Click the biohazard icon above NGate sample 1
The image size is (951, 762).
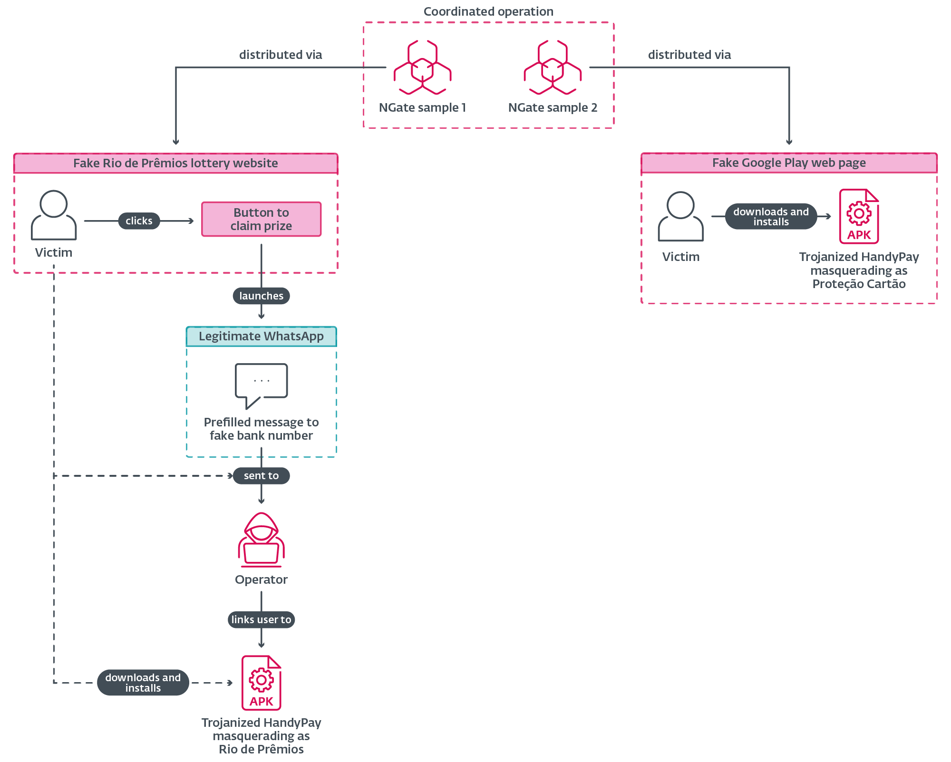pos(422,68)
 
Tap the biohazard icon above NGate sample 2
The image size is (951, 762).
pos(553,68)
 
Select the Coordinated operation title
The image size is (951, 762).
pos(488,11)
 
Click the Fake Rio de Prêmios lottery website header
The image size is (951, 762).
pos(175,163)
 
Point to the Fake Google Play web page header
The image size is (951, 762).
pos(789,163)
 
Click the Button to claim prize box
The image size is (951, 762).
pos(261,219)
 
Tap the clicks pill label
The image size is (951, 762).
pos(139,221)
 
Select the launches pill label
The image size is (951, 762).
pos(261,296)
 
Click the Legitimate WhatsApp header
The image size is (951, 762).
pos(261,336)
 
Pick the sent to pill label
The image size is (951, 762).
pos(261,475)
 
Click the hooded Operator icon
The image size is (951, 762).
pos(261,540)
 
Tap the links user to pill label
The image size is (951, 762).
pos(261,619)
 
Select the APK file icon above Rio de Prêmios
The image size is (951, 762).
pos(261,683)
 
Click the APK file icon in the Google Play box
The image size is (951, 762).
pos(859,216)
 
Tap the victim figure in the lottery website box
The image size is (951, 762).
pos(53,215)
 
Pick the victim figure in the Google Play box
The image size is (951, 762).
pos(680,216)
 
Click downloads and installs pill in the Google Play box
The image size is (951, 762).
pos(771,217)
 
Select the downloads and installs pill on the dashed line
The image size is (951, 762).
pos(143,683)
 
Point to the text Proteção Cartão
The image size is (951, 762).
pos(859,284)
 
